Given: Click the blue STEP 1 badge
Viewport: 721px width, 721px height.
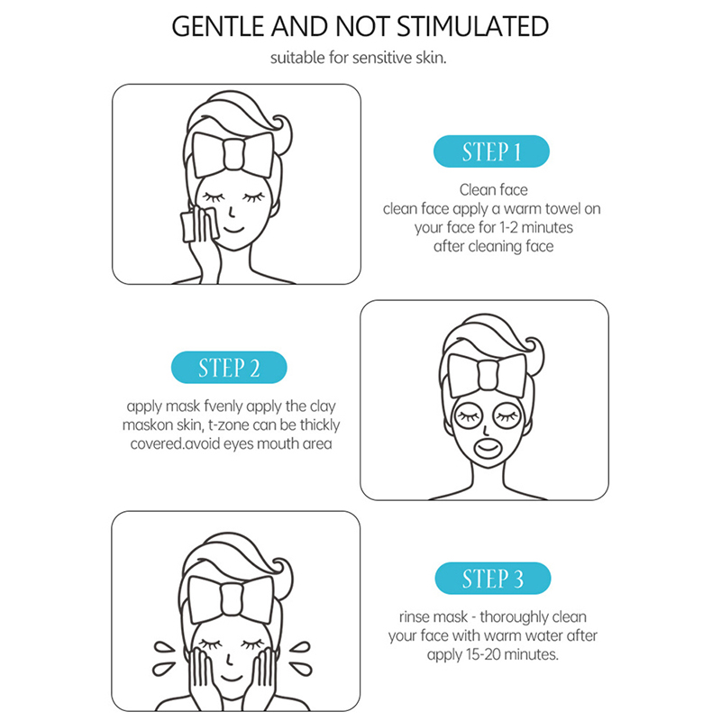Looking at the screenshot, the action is click(x=491, y=151).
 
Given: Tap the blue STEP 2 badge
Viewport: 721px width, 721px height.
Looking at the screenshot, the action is click(x=229, y=368).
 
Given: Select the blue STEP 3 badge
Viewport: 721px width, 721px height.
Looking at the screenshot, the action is click(x=492, y=578).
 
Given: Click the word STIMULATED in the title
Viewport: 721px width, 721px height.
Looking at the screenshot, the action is click(x=472, y=26).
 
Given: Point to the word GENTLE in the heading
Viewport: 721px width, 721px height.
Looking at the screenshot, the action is click(x=219, y=26).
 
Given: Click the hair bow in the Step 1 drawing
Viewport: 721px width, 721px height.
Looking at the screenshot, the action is click(x=233, y=155).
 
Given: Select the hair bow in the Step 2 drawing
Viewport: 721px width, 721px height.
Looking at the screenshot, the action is click(x=487, y=375).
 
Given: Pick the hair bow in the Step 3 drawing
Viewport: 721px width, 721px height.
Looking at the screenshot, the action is click(x=231, y=598).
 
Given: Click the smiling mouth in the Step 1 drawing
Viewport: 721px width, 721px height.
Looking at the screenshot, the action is click(x=233, y=229).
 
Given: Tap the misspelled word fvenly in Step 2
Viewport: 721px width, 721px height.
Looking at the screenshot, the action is click(x=223, y=406).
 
